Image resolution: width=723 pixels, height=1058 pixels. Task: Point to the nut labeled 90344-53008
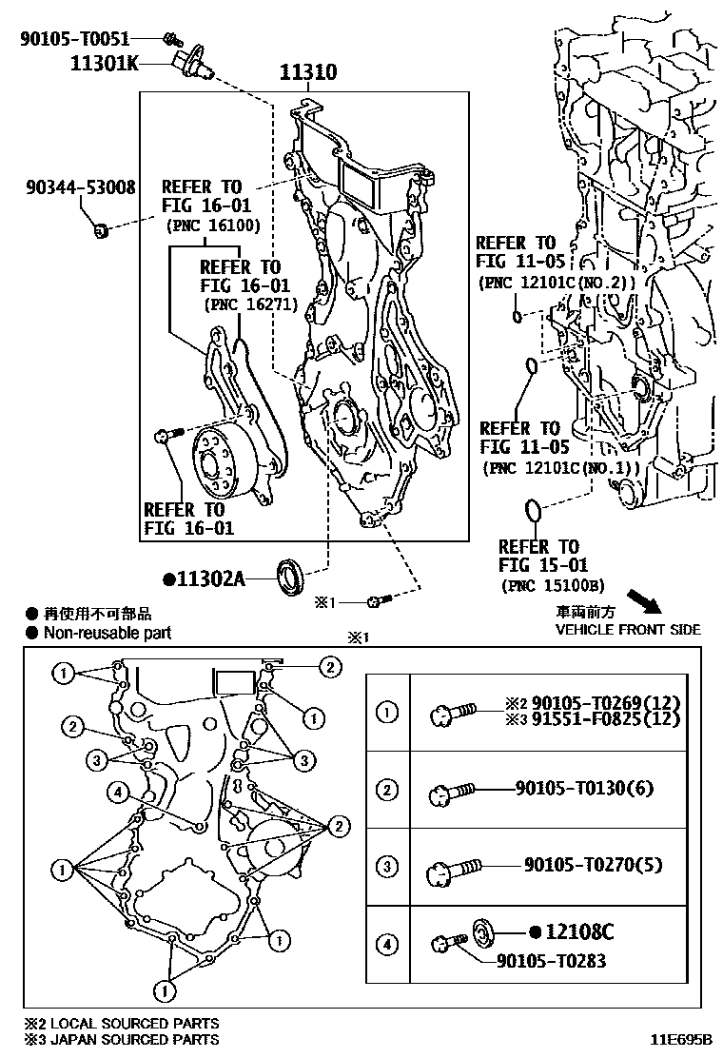(100, 228)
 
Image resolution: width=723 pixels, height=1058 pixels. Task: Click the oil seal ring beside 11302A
(290, 576)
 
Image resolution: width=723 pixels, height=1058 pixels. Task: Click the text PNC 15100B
(552, 585)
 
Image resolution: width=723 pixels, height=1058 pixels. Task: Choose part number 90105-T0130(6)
(584, 788)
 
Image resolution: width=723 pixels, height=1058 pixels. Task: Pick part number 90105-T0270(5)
(591, 865)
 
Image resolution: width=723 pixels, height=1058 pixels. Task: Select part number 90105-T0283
(551, 960)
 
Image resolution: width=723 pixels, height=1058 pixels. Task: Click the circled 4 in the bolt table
(387, 944)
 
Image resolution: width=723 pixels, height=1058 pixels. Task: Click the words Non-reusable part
(107, 633)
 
